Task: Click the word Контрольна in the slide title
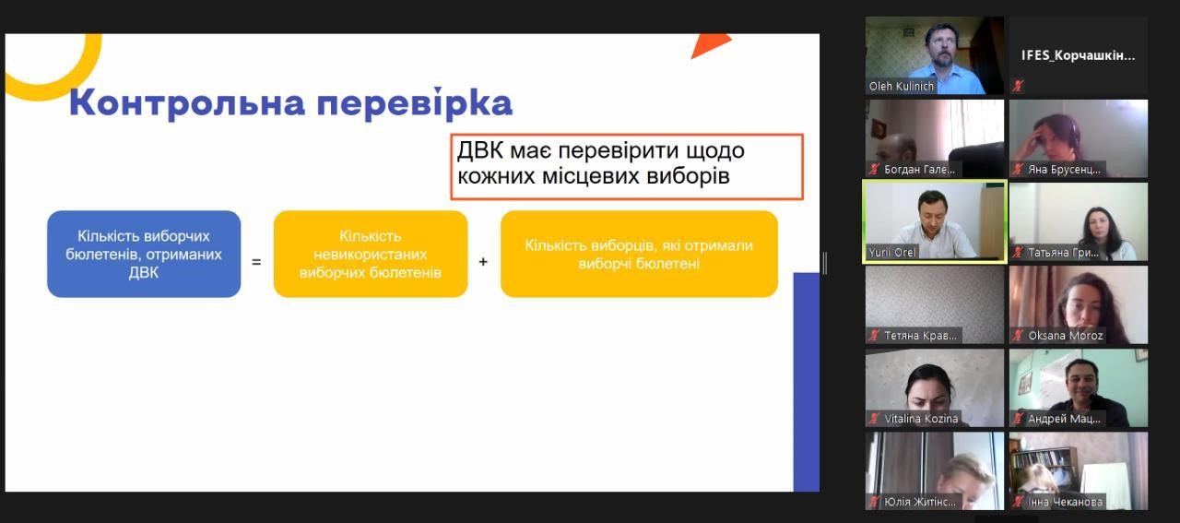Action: coord(187,103)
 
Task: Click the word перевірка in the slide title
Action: coord(415,103)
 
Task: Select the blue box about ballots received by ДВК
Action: coord(144,254)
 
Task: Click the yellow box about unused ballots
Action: coord(371,254)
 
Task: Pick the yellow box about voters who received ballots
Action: coord(639,254)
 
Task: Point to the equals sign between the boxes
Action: coord(256,262)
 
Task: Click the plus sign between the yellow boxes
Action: coord(483,262)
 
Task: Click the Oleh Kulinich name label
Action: coord(901,86)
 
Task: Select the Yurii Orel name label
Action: coord(891,252)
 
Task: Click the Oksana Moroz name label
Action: coord(1065,336)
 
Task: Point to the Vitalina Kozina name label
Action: coord(921,419)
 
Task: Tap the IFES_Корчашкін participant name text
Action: coord(1078,55)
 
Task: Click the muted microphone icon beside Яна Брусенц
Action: coord(1019,169)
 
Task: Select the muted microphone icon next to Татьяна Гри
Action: coord(1019,253)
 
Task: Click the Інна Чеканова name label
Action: coord(1065,502)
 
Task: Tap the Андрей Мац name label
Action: coord(1064,419)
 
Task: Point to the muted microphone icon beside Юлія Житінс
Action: coord(875,502)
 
